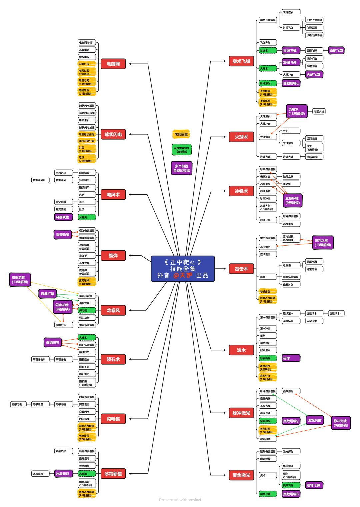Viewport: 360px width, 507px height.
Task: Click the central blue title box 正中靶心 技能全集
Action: (183, 269)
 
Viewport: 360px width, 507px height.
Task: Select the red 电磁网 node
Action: (113, 64)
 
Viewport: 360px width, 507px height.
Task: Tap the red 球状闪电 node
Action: (113, 134)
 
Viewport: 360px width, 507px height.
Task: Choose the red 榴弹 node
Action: (113, 256)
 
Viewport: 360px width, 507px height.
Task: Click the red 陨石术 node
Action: (113, 359)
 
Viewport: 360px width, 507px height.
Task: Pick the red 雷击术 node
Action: (241, 269)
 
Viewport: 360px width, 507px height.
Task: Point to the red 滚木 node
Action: (241, 350)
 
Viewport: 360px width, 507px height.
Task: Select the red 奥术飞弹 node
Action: (241, 61)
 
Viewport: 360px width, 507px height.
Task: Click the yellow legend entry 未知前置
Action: (181, 134)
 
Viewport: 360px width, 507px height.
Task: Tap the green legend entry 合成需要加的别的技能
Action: (182, 150)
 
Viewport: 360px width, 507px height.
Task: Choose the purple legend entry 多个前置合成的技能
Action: (182, 168)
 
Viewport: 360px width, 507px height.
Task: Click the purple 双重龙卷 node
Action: (20, 280)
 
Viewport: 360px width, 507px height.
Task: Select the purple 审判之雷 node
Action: (323, 243)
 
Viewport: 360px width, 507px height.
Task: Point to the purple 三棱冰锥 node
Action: (292, 201)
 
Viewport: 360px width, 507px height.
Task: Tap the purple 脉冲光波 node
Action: (340, 423)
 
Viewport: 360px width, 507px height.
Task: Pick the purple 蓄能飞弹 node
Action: (336, 51)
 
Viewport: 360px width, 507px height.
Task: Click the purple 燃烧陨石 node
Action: (53, 343)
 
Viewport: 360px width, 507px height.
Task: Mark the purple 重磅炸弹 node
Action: (63, 235)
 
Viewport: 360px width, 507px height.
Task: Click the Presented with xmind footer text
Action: (180, 500)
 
